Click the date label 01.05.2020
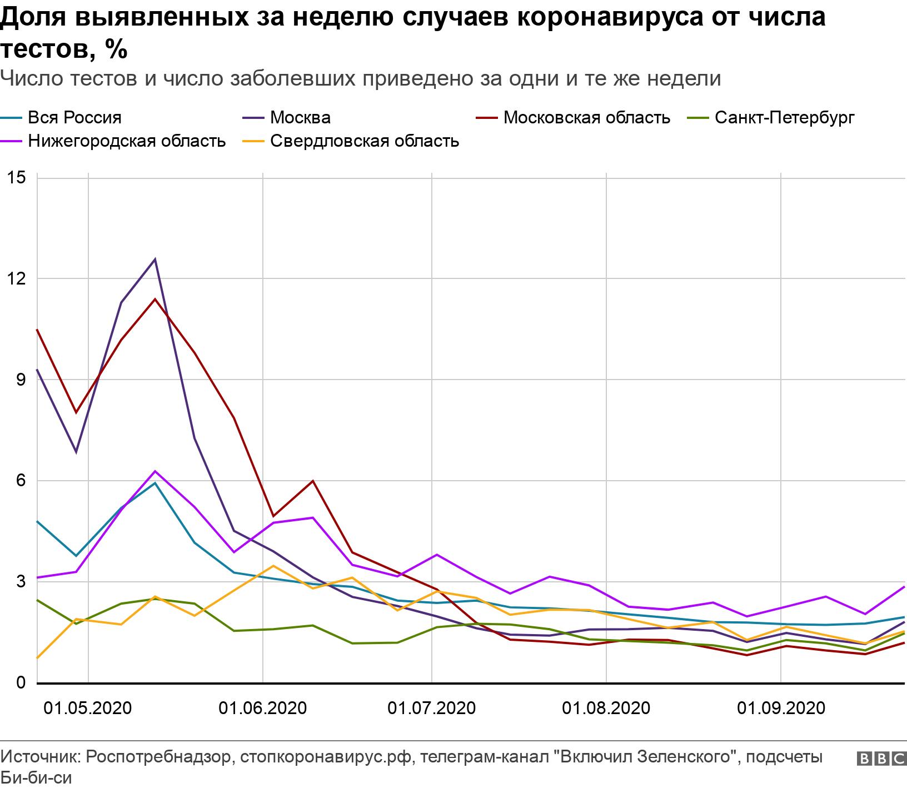click(x=88, y=709)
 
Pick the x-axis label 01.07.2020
click(x=431, y=709)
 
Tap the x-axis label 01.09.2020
click(x=781, y=709)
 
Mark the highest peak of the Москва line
click(x=155, y=259)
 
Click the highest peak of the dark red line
click(x=155, y=299)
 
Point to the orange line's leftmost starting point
click(x=37, y=658)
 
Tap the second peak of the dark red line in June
click(x=313, y=481)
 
